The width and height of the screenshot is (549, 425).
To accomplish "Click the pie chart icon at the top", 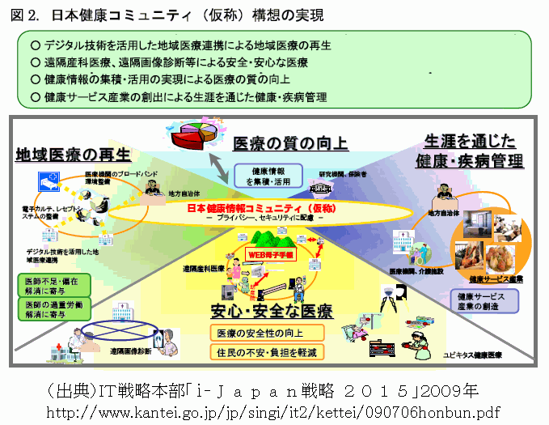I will [193, 134].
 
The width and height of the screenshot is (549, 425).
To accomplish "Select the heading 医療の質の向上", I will [290, 144].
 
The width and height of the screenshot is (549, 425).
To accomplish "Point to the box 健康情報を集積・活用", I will [268, 176].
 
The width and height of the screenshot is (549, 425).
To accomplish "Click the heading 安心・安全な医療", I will [271, 312].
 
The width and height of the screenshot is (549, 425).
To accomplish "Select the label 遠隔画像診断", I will [130, 352].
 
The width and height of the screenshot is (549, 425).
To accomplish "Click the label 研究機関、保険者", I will [342, 174].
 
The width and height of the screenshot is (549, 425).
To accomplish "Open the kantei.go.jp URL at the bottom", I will [276, 412].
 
